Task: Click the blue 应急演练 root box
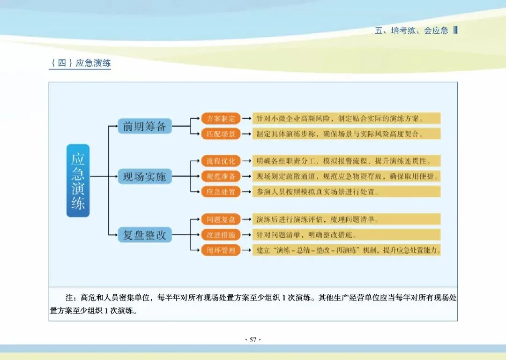(78, 180)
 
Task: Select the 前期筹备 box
(145, 126)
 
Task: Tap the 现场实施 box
(145, 177)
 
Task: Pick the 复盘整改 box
(145, 235)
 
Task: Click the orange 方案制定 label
(221, 118)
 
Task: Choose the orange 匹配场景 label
(221, 134)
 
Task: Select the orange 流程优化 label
(221, 161)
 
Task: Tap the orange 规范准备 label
(221, 177)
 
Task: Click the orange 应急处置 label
(221, 192)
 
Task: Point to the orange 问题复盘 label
(221, 219)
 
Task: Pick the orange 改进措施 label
(221, 235)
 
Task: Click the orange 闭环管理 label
(221, 250)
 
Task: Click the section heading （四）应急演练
(80, 63)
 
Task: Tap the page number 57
(253, 340)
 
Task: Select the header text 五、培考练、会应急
(412, 31)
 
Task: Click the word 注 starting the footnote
(70, 298)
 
